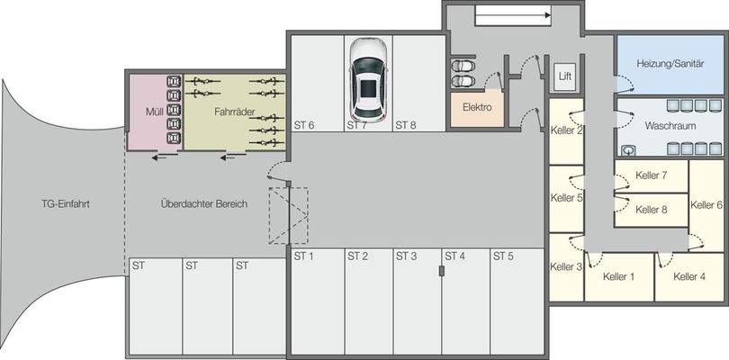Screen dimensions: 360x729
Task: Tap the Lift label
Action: click(x=564, y=76)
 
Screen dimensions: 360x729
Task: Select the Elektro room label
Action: click(x=477, y=106)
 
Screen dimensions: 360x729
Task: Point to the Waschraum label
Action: click(x=670, y=128)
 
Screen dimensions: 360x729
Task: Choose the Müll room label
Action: click(x=141, y=112)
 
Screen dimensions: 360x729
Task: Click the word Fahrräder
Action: click(x=234, y=112)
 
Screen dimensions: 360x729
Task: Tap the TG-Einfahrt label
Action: click(x=65, y=203)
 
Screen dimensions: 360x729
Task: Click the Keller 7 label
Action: click(x=651, y=175)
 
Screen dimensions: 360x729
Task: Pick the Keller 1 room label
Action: click(x=618, y=276)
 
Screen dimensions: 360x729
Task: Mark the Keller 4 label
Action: click(x=688, y=276)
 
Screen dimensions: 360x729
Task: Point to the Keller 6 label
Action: click(x=706, y=204)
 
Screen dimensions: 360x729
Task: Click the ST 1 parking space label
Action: click(x=304, y=256)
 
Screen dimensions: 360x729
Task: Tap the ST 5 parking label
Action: click(x=502, y=256)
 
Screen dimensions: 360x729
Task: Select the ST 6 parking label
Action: click(x=304, y=125)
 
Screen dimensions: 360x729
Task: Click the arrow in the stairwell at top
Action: click(x=511, y=14)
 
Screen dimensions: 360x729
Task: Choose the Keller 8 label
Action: click(x=651, y=210)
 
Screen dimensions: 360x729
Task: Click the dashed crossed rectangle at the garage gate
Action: click(x=288, y=216)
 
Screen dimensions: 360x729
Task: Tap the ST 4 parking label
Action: click(x=454, y=256)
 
